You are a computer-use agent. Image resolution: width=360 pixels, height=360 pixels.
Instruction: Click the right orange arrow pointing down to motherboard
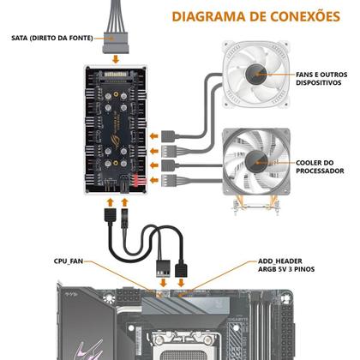pyautogui.click(x=181, y=283)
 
